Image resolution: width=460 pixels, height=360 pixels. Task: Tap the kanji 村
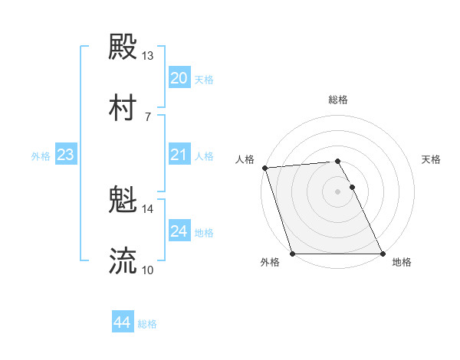click(123, 107)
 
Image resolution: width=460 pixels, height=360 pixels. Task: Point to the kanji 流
click(123, 261)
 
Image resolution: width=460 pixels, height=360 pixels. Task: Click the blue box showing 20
click(179, 77)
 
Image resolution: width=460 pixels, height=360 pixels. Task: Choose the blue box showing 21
click(179, 155)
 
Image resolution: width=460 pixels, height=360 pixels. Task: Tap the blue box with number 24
click(179, 231)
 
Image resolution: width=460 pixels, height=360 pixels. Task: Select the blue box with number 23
click(65, 155)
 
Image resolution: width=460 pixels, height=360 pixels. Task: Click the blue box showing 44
click(122, 322)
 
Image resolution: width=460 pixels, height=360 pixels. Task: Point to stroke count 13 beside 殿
click(148, 56)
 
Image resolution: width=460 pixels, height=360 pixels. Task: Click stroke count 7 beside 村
click(148, 116)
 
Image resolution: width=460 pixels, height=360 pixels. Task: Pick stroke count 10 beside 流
click(148, 270)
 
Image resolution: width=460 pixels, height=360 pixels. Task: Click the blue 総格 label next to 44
click(148, 324)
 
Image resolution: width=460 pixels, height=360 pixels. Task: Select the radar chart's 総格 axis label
click(338, 100)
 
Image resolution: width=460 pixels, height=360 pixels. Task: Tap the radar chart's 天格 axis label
click(432, 159)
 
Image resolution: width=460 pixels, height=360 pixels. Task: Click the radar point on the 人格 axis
click(264, 168)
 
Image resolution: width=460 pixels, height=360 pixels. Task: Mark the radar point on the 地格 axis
click(383, 254)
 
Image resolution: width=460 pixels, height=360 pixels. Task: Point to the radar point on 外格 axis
click(292, 254)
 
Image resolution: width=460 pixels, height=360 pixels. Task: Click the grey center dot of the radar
click(338, 191)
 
